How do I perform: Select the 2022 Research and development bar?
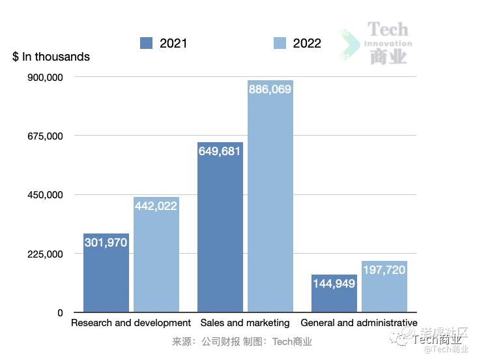(156, 254)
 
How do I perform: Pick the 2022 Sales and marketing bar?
(270, 196)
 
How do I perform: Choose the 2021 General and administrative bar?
(334, 293)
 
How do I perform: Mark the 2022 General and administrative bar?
(384, 287)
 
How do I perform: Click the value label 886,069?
(270, 89)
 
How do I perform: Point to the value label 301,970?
(106, 243)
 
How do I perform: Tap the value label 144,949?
(334, 284)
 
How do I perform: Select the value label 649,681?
(220, 151)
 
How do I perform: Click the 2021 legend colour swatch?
(147, 43)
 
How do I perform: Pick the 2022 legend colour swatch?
(280, 43)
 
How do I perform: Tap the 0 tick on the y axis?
(60, 312)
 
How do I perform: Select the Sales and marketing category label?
(245, 323)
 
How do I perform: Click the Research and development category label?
(131, 323)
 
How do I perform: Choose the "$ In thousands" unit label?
(51, 57)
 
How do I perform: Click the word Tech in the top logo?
(388, 29)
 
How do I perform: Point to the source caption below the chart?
(242, 341)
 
